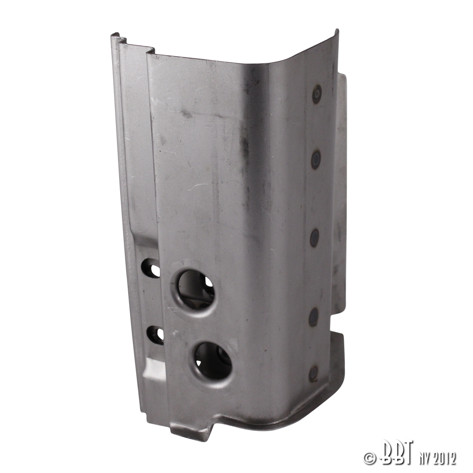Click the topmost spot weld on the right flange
click(317, 94)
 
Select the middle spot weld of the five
click(315, 237)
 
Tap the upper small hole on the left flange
click(152, 268)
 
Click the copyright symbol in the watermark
click(369, 458)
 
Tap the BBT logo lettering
click(395, 455)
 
